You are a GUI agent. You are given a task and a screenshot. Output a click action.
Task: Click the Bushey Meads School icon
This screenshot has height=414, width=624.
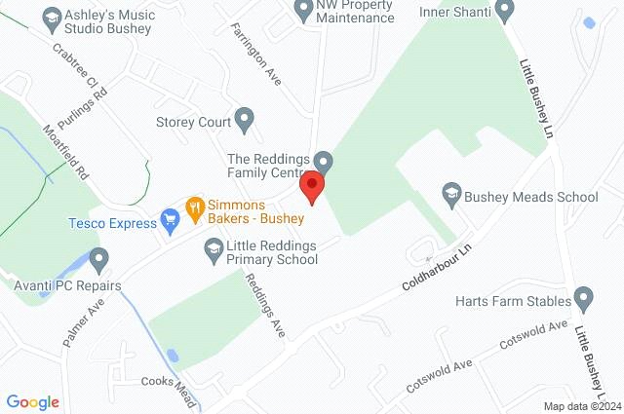click(450, 195)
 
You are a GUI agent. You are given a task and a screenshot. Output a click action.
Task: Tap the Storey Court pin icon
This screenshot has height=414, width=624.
click(245, 122)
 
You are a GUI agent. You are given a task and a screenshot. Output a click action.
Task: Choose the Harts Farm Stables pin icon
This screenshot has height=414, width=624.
click(584, 296)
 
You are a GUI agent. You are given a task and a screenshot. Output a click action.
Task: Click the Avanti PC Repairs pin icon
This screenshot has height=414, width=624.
click(98, 259)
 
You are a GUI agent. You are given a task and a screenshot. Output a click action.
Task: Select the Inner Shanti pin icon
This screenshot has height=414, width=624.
click(504, 11)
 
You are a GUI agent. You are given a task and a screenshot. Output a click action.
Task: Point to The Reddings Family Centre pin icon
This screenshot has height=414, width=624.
click(326, 161)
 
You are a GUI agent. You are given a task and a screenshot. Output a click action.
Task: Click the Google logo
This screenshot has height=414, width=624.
click(33, 401)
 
